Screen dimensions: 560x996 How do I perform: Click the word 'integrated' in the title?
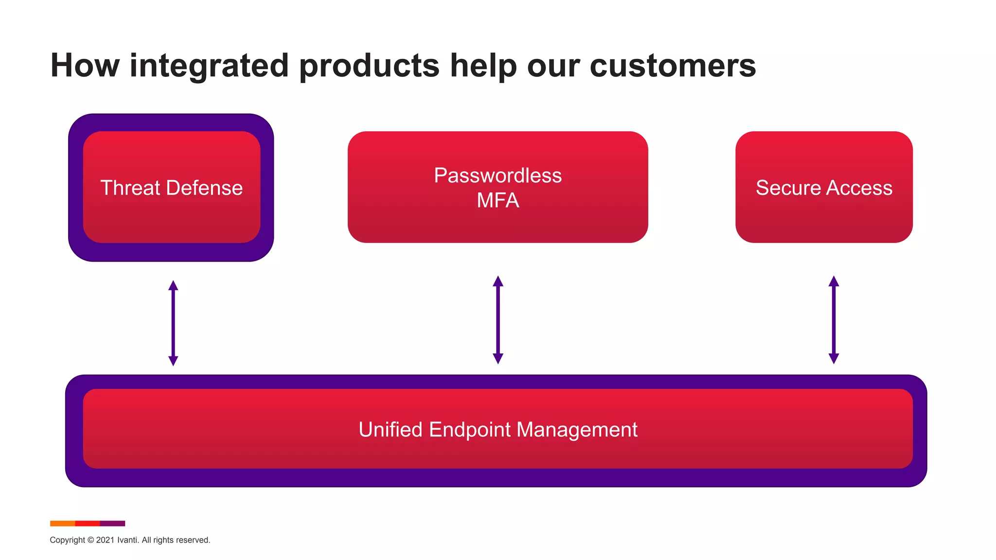click(x=209, y=66)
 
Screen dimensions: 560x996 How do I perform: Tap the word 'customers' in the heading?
click(x=673, y=66)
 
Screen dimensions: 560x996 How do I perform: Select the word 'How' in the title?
click(x=85, y=66)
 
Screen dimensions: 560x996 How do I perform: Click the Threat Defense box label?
click(x=171, y=188)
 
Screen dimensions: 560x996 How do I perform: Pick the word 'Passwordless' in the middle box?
click(x=498, y=175)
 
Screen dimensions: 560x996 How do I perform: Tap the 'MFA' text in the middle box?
click(x=498, y=200)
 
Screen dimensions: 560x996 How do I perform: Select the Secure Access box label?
click(x=824, y=188)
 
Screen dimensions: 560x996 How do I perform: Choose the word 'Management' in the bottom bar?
click(x=577, y=430)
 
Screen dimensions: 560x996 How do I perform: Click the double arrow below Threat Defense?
click(x=173, y=323)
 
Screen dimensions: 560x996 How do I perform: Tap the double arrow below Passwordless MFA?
click(x=498, y=320)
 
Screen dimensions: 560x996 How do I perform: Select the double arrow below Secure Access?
click(x=834, y=320)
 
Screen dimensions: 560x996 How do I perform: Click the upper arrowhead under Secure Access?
click(x=834, y=281)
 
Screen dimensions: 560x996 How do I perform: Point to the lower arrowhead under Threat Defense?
click(x=173, y=361)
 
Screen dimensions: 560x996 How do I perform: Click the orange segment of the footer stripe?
click(x=62, y=524)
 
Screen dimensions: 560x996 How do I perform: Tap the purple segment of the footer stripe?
click(x=112, y=524)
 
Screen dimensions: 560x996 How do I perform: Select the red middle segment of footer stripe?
click(x=88, y=524)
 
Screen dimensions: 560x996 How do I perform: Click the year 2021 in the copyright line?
click(x=105, y=540)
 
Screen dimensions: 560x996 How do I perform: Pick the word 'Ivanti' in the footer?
click(x=127, y=540)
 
